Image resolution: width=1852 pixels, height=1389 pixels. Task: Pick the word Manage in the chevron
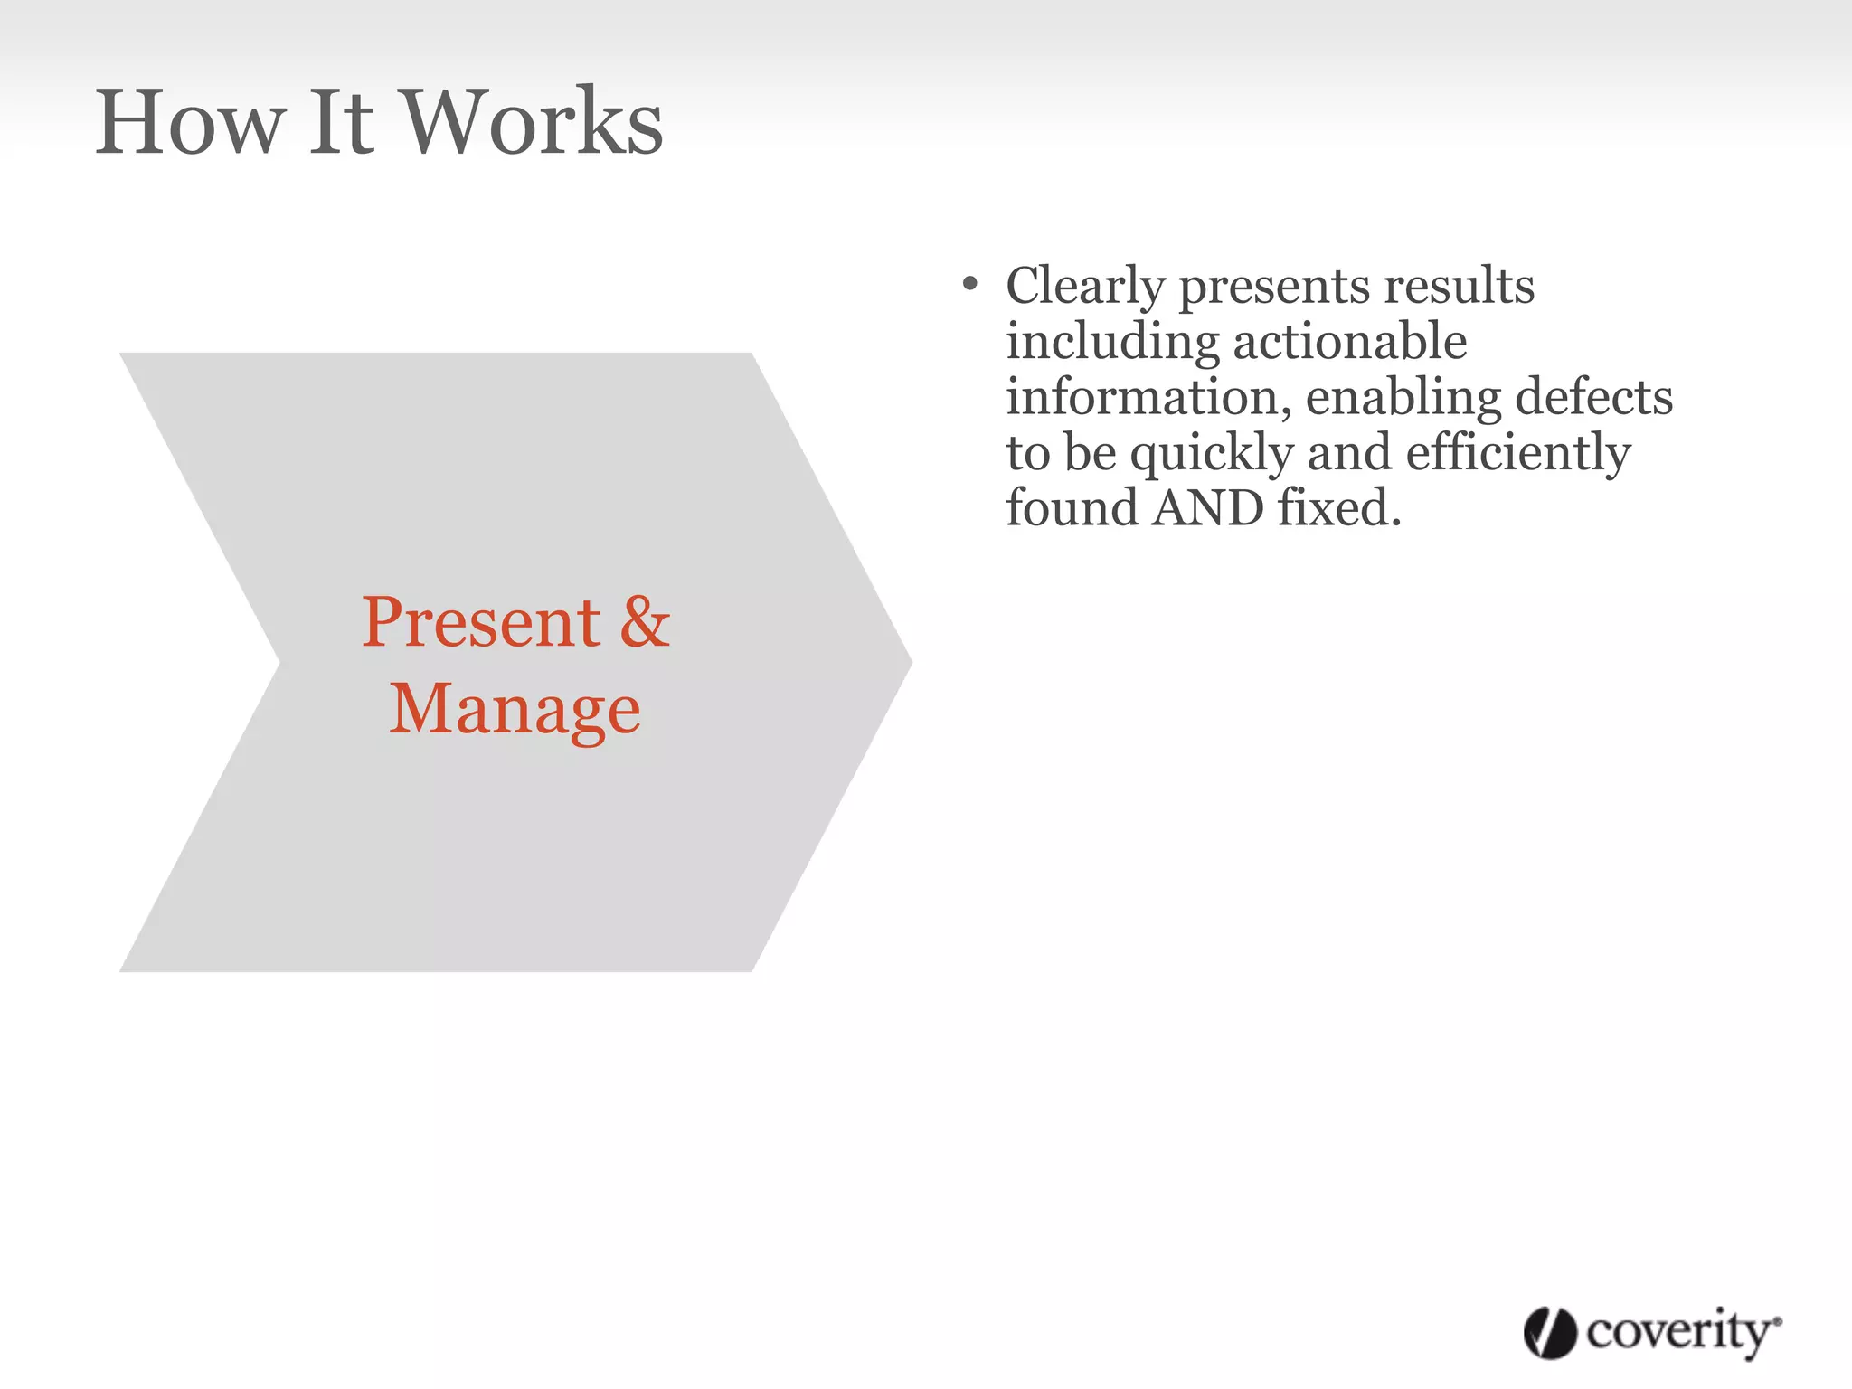(515, 710)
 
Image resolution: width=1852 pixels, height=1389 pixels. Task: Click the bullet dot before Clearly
(970, 286)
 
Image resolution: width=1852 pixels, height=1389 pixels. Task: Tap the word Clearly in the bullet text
(1084, 288)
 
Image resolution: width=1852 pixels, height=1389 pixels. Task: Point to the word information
(1148, 397)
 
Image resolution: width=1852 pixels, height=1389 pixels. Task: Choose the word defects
(1593, 397)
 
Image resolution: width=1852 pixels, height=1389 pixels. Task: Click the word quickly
(1212, 454)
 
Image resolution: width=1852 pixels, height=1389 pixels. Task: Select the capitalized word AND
(1208, 508)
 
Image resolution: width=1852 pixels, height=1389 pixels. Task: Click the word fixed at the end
(1338, 508)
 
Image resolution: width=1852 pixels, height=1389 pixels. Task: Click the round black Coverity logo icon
(1550, 1332)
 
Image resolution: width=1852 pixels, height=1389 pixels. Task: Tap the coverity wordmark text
(1680, 1332)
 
